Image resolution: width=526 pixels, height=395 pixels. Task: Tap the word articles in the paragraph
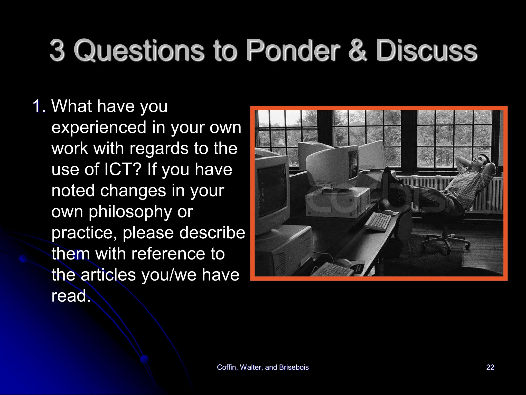tap(108, 275)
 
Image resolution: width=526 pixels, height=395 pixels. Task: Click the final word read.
tap(71, 296)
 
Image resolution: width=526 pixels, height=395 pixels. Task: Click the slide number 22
tap(490, 367)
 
